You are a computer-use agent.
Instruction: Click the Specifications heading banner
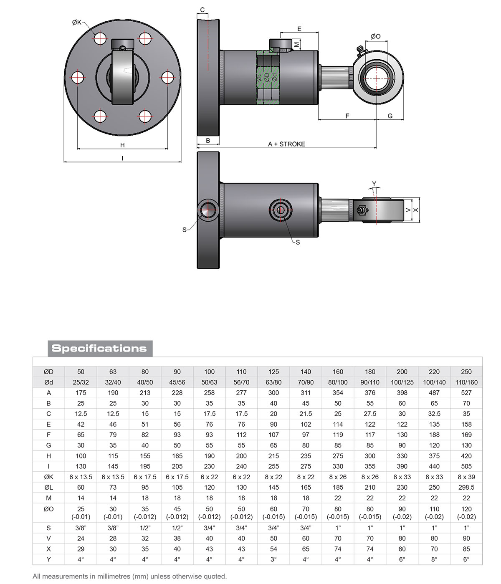tap(99, 348)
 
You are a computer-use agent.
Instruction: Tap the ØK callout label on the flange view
tap(77, 22)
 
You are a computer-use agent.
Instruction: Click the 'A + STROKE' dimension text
tap(286, 144)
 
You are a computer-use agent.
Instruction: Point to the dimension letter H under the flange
tap(122, 145)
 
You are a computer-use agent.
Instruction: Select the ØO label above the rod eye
tap(375, 36)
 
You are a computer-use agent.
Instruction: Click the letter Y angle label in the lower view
tap(374, 184)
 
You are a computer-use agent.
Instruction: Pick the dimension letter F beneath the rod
tap(347, 116)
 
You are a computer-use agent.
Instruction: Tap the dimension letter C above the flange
tap(202, 10)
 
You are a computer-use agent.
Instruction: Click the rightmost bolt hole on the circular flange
tap(167, 77)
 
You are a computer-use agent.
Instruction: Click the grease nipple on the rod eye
tap(361, 51)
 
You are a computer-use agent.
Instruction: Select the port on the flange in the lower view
tap(207, 210)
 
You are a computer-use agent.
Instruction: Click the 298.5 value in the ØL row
tap(466, 487)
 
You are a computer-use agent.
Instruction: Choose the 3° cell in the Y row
tap(273, 559)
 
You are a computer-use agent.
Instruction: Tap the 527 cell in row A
tap(466, 392)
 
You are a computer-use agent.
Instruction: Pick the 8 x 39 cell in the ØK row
tap(466, 477)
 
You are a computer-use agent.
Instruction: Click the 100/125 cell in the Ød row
tap(402, 382)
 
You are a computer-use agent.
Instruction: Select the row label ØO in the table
tap(49, 509)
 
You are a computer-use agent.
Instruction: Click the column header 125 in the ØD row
tap(273, 372)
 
